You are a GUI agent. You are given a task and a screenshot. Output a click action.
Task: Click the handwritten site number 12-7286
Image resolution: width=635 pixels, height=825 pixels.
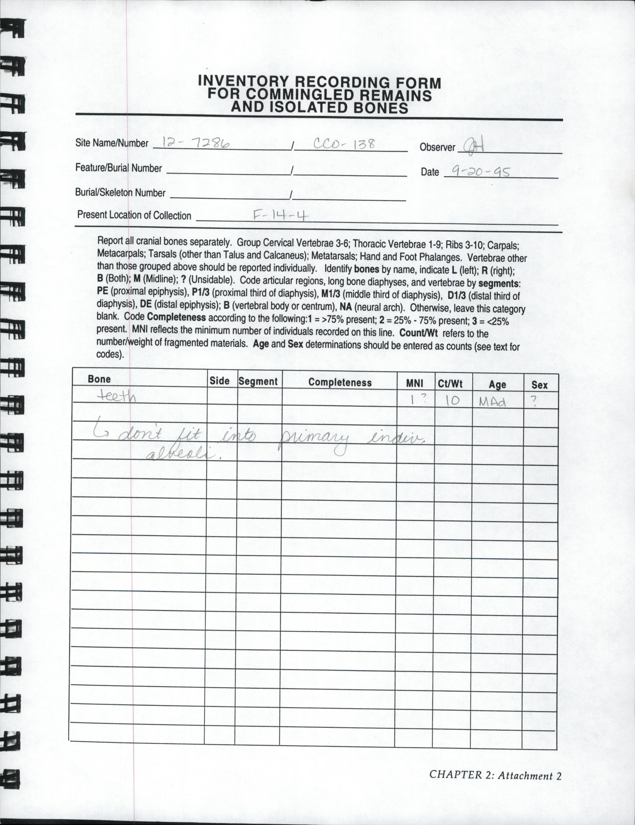(x=196, y=143)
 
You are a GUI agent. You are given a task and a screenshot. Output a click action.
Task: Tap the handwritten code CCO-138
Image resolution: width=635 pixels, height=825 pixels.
(x=344, y=144)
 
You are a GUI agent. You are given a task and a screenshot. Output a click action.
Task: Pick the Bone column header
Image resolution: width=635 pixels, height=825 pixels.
(x=99, y=379)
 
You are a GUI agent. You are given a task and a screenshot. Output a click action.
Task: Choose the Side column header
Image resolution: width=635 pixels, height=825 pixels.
(x=219, y=381)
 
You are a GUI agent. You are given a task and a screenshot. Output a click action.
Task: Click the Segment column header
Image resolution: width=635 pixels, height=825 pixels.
(x=258, y=381)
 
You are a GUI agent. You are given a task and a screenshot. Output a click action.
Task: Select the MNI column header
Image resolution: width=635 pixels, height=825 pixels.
(x=414, y=384)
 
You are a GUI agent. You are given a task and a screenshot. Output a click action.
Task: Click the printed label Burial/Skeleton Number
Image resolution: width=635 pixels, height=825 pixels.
(x=120, y=193)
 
